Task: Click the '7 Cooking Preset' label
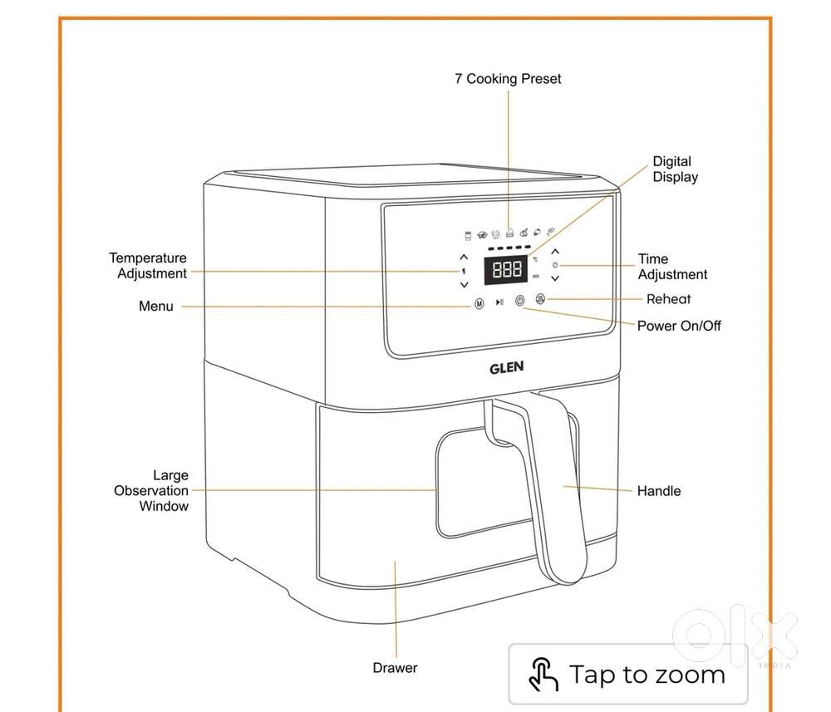coord(508,79)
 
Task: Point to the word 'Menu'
coord(156,307)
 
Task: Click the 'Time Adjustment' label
coord(672,267)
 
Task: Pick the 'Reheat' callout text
coord(668,299)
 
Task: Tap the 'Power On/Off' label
coord(678,326)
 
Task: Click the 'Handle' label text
coord(658,491)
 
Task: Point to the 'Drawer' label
coord(395,668)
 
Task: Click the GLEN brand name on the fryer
coord(505,366)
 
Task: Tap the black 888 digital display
coord(507,269)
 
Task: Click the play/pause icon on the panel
coord(499,303)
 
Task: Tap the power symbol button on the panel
coord(520,302)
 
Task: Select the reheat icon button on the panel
coord(539,299)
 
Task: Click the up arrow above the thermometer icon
coord(464,257)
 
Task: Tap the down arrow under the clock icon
coord(555,279)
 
